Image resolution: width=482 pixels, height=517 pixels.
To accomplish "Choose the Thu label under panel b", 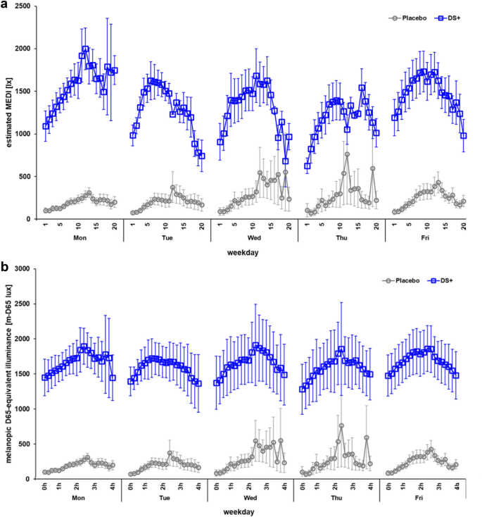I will [x=341, y=498].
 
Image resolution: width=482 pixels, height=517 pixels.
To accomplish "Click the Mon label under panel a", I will [x=80, y=237].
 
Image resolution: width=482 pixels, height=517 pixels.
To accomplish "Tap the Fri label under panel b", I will [x=429, y=498].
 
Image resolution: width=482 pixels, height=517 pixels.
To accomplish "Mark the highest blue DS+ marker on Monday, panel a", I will [x=86, y=49].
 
